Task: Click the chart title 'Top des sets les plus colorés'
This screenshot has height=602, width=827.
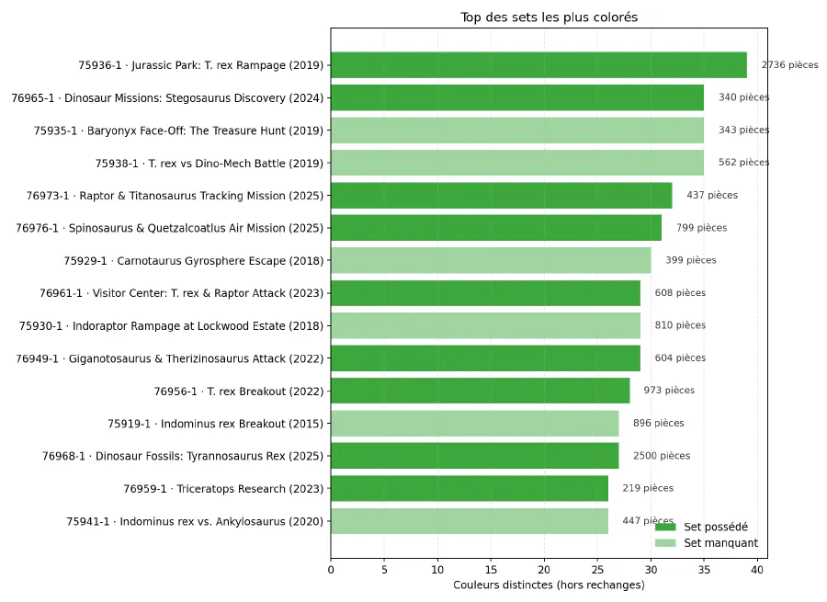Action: click(x=549, y=17)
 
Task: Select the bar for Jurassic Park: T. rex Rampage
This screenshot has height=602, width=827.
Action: click(x=538, y=65)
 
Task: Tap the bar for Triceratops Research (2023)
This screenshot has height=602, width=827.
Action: click(x=469, y=488)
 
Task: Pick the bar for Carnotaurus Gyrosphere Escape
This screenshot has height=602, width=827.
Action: click(x=491, y=260)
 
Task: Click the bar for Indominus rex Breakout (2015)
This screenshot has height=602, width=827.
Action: click(x=474, y=423)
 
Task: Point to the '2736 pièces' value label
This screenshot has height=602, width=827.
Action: click(x=789, y=65)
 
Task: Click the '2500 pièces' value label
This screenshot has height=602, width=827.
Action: click(x=661, y=456)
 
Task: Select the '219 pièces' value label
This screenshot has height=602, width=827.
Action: click(x=648, y=488)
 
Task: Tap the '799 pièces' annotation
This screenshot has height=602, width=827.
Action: click(x=701, y=228)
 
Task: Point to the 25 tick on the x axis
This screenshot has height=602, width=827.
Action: click(x=597, y=570)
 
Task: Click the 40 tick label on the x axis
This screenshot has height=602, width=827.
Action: click(x=756, y=570)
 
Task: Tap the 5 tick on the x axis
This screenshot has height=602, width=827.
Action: click(x=384, y=570)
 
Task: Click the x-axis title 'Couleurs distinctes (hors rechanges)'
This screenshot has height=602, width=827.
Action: click(x=549, y=585)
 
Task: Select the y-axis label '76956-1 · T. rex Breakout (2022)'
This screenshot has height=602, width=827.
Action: click(x=239, y=391)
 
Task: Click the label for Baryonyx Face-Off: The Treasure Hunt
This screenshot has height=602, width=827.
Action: click(x=178, y=131)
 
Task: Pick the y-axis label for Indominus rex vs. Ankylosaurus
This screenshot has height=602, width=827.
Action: click(x=195, y=521)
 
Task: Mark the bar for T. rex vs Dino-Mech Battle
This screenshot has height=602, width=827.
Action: click(x=516, y=163)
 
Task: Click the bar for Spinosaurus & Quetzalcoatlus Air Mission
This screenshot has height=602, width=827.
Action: click(x=495, y=228)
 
